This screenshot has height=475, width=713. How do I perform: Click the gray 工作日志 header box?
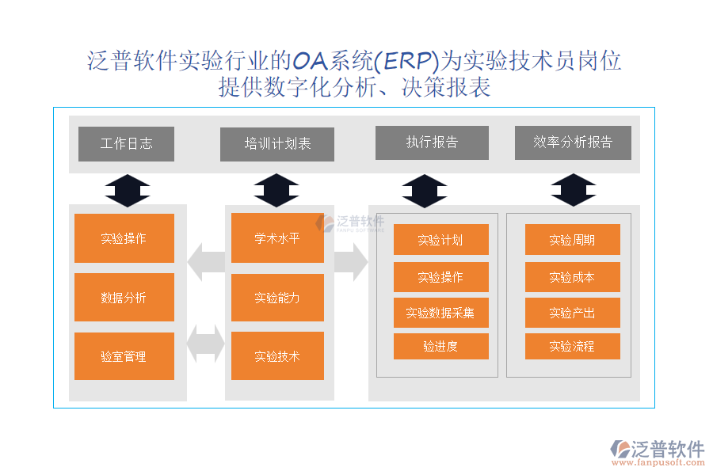pyautogui.click(x=126, y=144)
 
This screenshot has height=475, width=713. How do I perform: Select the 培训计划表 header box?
pyautogui.click(x=277, y=144)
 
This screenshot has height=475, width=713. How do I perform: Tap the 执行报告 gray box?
pyautogui.click(x=432, y=142)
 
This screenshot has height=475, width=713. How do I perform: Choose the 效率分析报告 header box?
pyautogui.click(x=573, y=142)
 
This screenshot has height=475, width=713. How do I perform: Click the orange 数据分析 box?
pyautogui.click(x=124, y=298)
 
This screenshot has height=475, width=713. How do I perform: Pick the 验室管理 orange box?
pyautogui.click(x=124, y=356)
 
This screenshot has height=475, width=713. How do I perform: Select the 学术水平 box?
pyautogui.click(x=277, y=238)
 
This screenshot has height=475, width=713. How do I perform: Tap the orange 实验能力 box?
pyautogui.click(x=277, y=298)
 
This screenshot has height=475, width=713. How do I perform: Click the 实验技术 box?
pyautogui.click(x=277, y=356)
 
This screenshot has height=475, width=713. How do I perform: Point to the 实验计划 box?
pyautogui.click(x=440, y=240)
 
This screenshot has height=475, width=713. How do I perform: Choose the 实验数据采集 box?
pyautogui.click(x=440, y=313)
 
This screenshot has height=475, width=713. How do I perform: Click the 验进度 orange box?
pyautogui.click(x=440, y=346)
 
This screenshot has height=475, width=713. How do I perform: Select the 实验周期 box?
pyautogui.click(x=572, y=240)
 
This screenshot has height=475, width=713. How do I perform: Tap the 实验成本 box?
pyautogui.click(x=572, y=277)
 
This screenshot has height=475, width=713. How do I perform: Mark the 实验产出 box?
pyautogui.click(x=572, y=313)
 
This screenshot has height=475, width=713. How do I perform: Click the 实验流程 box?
pyautogui.click(x=572, y=346)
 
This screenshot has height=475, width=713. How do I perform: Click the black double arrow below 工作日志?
pyautogui.click(x=127, y=190)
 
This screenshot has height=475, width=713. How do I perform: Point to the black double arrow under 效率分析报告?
pyautogui.click(x=574, y=190)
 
